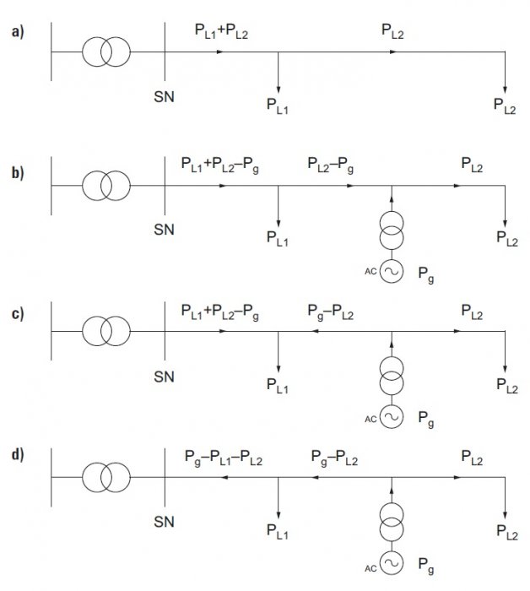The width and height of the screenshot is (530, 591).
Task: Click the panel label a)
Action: coord(18,32)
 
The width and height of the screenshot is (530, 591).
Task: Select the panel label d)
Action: coord(18,454)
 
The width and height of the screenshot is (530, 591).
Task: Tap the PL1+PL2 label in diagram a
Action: coord(221,31)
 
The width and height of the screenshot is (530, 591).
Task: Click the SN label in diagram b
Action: coord(165,230)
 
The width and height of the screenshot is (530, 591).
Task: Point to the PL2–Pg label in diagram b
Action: coord(331,165)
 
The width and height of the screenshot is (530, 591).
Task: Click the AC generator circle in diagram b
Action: coord(392,271)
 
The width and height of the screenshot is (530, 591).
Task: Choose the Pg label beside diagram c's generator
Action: coord(426,419)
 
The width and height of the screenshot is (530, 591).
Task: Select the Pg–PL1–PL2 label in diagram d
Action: coord(224,458)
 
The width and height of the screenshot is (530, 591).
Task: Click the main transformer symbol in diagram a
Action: coord(106,52)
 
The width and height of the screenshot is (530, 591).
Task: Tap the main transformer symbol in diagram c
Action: coord(106,331)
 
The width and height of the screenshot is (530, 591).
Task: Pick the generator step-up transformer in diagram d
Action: coord(392,523)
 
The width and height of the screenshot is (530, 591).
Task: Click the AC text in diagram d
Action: coord(370,568)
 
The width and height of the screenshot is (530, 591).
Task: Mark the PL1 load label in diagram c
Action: coord(278,386)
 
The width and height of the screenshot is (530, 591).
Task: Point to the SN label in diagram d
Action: coord(165,522)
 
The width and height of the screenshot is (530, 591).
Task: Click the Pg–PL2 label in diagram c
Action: coord(331,312)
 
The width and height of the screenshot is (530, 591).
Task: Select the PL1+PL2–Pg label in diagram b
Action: coord(220,165)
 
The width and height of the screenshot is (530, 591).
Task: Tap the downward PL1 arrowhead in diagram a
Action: coord(279,89)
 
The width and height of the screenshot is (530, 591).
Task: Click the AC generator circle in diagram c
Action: coord(392,416)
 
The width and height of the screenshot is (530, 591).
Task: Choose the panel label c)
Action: coord(18,313)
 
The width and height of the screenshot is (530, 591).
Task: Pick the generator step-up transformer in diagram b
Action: coord(392,231)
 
